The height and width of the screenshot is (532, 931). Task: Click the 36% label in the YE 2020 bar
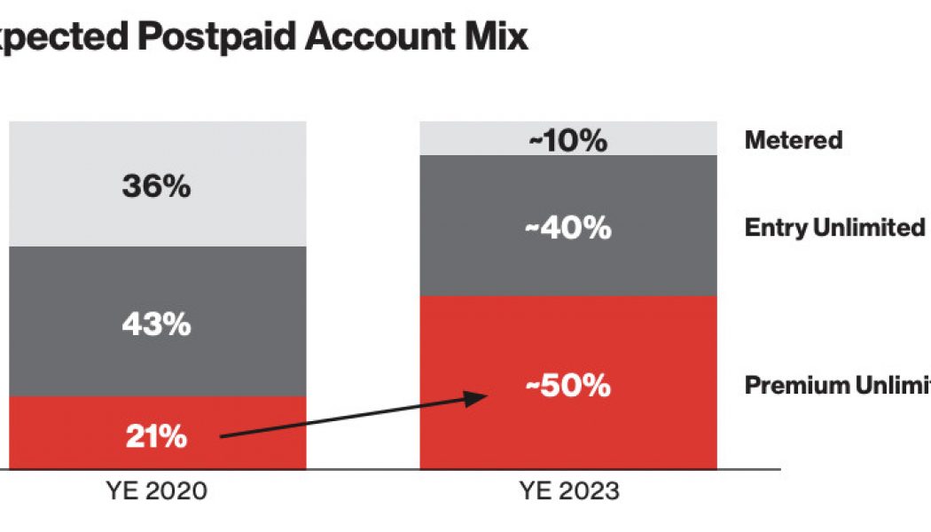pyautogui.click(x=156, y=186)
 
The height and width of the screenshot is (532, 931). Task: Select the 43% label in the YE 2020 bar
pyautogui.click(x=156, y=324)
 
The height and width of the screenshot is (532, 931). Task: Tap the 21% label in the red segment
pyautogui.click(x=156, y=435)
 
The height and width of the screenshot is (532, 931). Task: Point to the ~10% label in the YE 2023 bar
pyautogui.click(x=567, y=140)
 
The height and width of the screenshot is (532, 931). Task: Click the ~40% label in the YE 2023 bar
pyautogui.click(x=567, y=228)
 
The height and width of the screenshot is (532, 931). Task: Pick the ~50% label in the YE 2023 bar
pyautogui.click(x=567, y=386)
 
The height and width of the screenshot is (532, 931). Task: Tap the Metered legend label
pyautogui.click(x=794, y=140)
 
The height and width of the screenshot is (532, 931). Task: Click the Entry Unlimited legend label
pyautogui.click(x=834, y=228)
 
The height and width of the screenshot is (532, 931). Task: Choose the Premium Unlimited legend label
pyautogui.click(x=838, y=386)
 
